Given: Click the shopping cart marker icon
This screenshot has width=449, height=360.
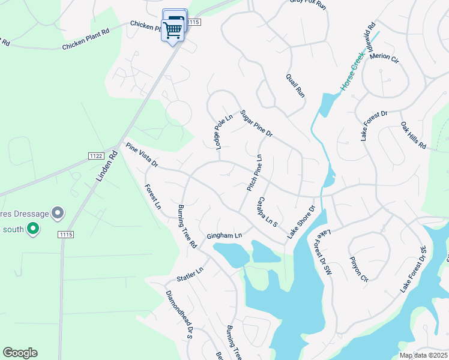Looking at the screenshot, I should point(173,28).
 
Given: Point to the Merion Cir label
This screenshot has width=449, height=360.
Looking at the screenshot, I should point(384,58).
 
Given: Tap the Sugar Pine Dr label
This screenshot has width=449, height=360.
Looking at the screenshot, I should point(256,124).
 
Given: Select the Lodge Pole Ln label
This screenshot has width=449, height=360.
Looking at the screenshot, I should point(220,132).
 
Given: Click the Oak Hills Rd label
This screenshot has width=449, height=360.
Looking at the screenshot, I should point(413,136).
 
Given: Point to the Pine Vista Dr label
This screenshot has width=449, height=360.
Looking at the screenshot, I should point(141,155).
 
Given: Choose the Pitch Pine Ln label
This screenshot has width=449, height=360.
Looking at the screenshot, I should point(255,173).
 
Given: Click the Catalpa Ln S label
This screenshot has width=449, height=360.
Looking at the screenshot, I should point(267,211).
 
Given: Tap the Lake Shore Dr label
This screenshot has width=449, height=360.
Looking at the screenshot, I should point(301,223).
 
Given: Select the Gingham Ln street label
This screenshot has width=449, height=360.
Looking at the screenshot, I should point(224,236).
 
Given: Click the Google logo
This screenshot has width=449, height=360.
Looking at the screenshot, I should point(20,353).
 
